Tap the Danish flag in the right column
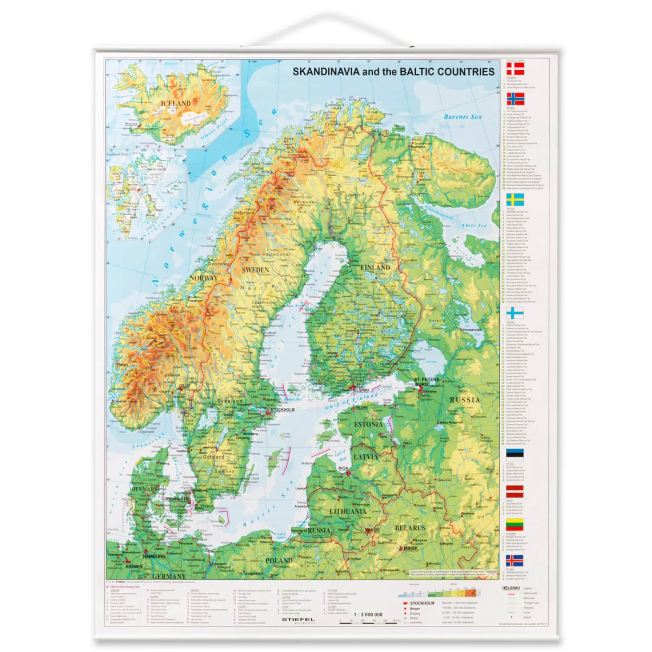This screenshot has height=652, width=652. (515, 68)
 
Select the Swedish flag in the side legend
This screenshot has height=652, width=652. (515, 199)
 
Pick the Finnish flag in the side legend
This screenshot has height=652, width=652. (515, 313)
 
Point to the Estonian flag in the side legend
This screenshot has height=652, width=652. (515, 454)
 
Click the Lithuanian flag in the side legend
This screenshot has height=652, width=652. (515, 524)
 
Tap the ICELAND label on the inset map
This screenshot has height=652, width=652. (175, 103)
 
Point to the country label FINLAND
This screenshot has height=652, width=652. (375, 267)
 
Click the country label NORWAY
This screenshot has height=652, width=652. (203, 278)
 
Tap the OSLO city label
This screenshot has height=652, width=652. (185, 387)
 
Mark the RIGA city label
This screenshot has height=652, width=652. (343, 468)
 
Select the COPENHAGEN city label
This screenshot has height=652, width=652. (174, 498)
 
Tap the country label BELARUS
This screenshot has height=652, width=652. (410, 528)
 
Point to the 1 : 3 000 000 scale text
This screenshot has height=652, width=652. (367, 615)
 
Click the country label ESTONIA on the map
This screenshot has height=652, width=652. (368, 424)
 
